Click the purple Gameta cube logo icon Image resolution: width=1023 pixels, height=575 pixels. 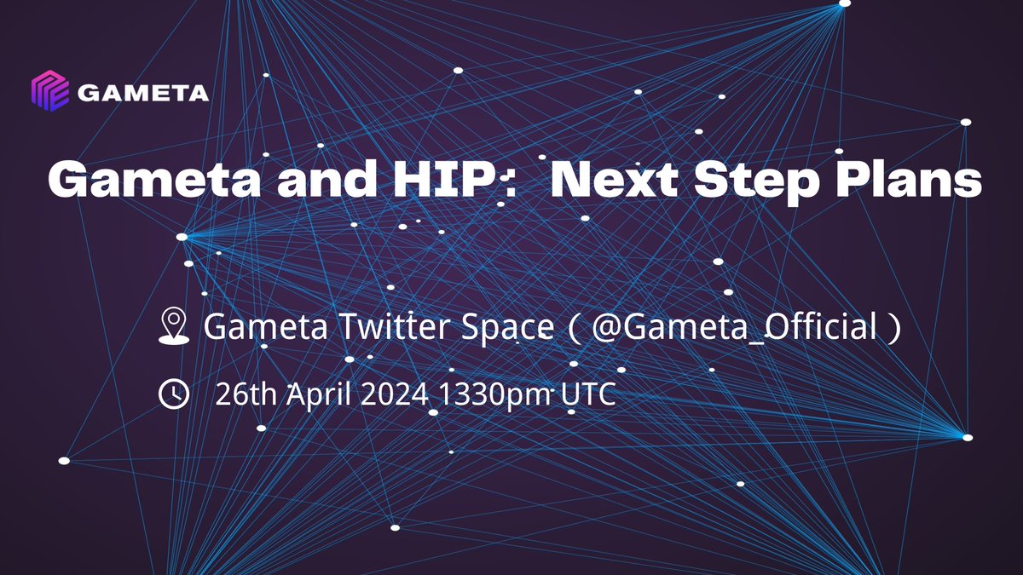coord(49,91)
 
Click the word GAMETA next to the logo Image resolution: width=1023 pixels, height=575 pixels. coord(142,92)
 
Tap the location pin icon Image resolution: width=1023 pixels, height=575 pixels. coord(174,326)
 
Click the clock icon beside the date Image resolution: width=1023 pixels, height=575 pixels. coord(174,394)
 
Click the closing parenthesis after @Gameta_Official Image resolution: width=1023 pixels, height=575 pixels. coord(893,328)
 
